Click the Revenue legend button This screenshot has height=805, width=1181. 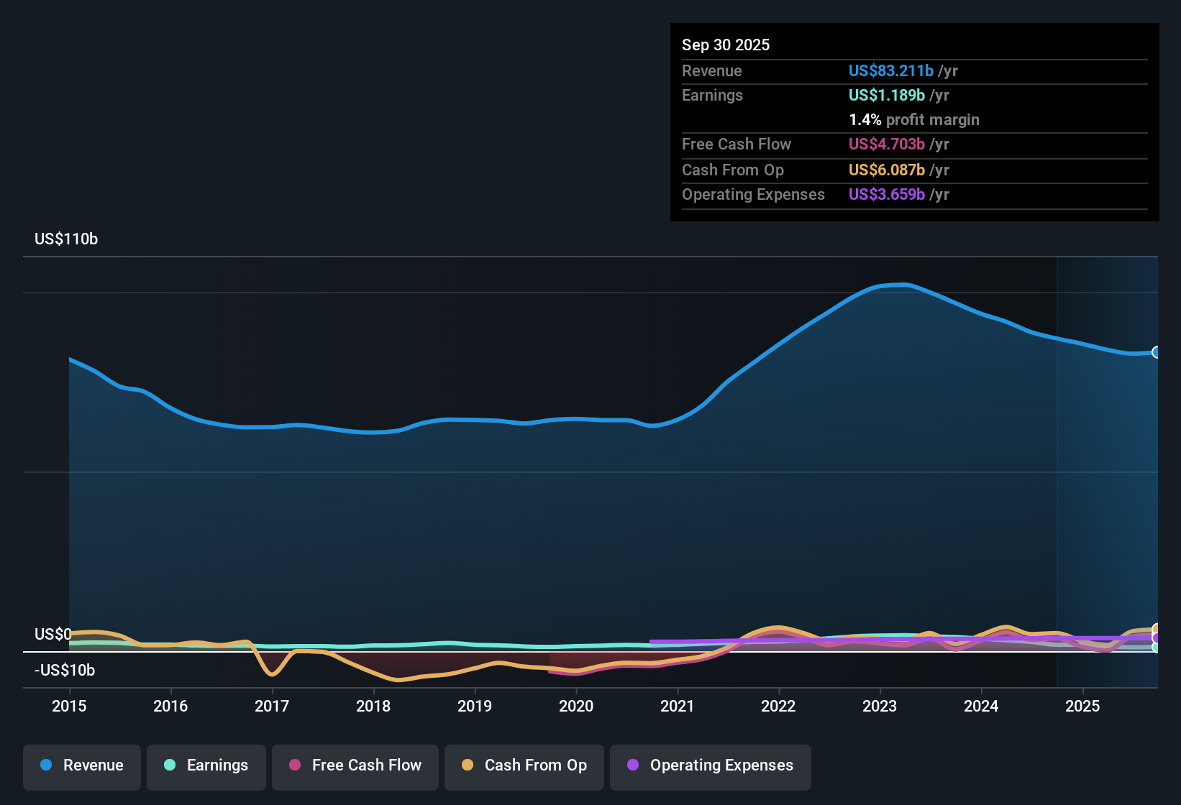[x=82, y=765]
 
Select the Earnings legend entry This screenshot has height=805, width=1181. [x=206, y=765]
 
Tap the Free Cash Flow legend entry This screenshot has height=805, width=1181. [x=355, y=765]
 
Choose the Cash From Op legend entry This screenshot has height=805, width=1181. [x=524, y=765]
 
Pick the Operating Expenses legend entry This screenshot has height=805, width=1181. [x=711, y=765]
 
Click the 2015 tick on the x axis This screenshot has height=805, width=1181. [x=69, y=706]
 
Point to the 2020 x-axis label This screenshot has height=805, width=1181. [x=576, y=706]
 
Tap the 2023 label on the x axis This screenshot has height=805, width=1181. [x=880, y=706]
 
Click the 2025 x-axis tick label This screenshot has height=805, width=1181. [x=1082, y=706]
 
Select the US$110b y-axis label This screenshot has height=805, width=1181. [x=66, y=239]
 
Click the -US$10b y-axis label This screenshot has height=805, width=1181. [x=65, y=671]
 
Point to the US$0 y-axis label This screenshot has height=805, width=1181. [x=53, y=635]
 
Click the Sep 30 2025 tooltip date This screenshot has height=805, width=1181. [x=726, y=45]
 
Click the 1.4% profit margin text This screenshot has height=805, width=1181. [x=914, y=120]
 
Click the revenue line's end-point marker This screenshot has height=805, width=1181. [x=1156, y=352]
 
